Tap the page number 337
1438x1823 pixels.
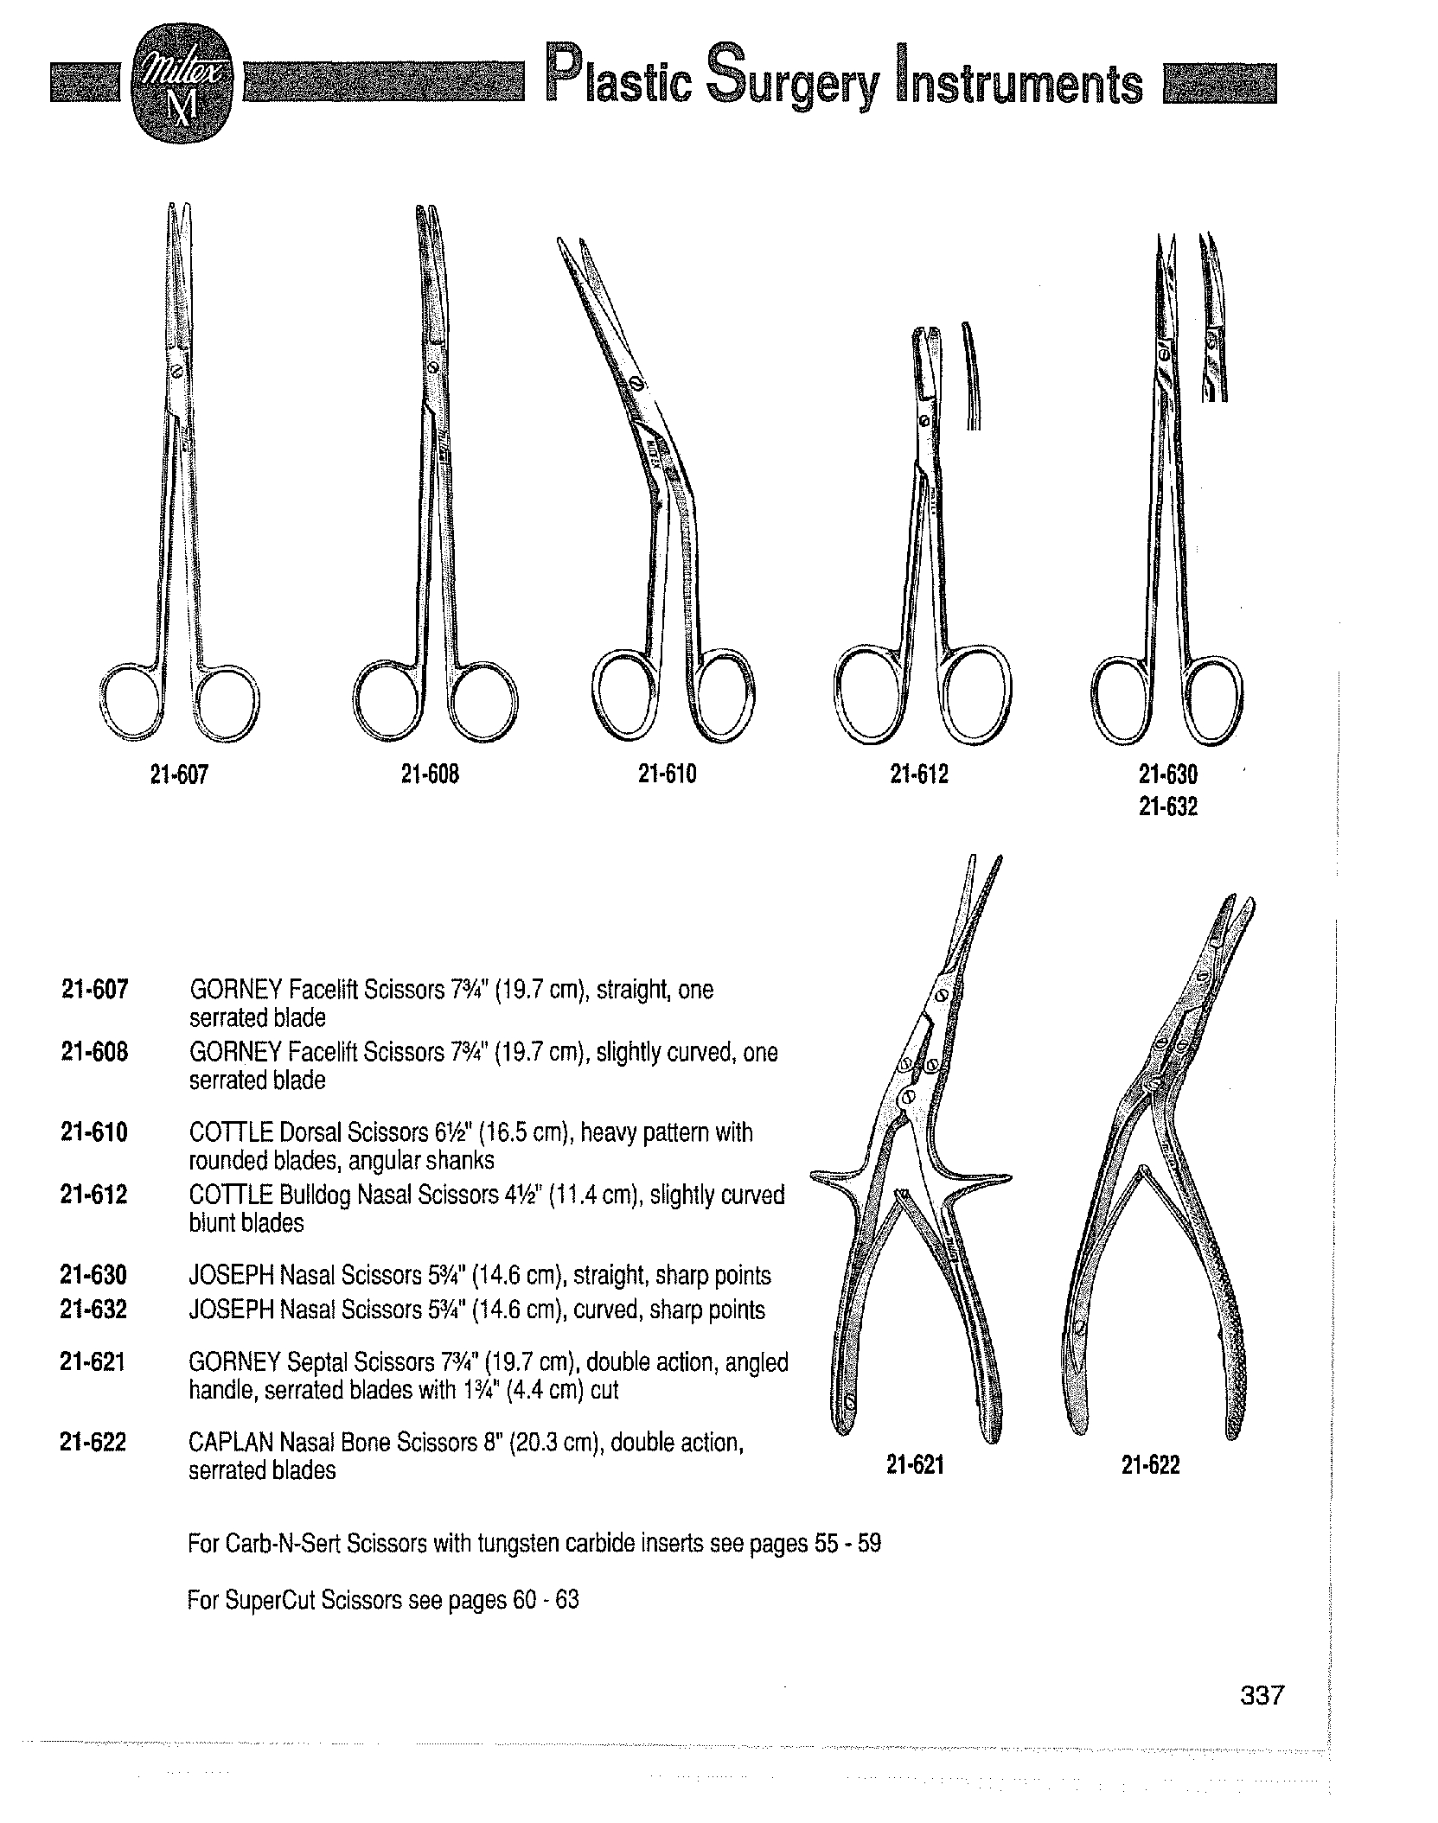pyautogui.click(x=1262, y=1719)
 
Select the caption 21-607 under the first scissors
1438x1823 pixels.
pyautogui.click(x=179, y=775)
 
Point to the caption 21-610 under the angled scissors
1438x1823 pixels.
pyautogui.click(x=667, y=775)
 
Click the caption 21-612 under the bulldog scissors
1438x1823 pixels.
pyautogui.click(x=919, y=775)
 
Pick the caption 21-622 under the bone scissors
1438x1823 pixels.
pyautogui.click(x=1150, y=1464)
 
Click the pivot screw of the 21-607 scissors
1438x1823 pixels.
pyautogui.click(x=177, y=373)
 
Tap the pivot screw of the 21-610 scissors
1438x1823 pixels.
pyautogui.click(x=637, y=383)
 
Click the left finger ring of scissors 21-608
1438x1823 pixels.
pyautogui.click(x=389, y=698)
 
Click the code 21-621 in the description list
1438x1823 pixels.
pyautogui.click(x=94, y=1363)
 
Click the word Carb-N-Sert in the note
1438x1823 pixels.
pyautogui.click(x=282, y=1543)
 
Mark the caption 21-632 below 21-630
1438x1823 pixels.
pyautogui.click(x=1168, y=807)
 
